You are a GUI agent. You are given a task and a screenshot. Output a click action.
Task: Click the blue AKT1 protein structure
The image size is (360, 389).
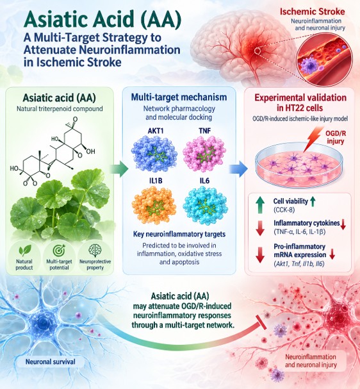click(154, 154)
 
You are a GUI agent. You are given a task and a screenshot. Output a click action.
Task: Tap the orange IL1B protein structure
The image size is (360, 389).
click(155, 205)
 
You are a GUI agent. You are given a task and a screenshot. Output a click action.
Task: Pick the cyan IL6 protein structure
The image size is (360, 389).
click(205, 205)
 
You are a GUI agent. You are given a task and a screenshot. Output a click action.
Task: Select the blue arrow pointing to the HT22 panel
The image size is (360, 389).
click(238, 169)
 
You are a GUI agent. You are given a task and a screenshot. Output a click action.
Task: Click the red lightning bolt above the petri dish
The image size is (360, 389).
click(313, 139)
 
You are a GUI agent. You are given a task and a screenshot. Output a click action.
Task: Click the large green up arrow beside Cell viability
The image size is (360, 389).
click(260, 205)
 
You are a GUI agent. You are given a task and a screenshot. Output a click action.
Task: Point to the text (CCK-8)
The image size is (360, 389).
click(284, 210)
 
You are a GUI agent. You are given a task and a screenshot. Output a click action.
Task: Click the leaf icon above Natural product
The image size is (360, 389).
click(25, 251)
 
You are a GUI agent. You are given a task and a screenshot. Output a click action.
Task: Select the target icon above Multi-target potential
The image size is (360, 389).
click(59, 250)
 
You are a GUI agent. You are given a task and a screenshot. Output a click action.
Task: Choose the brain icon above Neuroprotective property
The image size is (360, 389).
click(95, 251)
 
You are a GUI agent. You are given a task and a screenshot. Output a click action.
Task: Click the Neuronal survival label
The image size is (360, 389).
click(51, 361)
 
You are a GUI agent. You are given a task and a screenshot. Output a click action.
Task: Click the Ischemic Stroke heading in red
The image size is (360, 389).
click(313, 12)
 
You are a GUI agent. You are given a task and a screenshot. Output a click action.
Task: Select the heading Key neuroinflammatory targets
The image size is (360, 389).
click(179, 234)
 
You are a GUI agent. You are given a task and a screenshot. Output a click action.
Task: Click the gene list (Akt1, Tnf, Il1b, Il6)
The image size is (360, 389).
click(299, 264)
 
